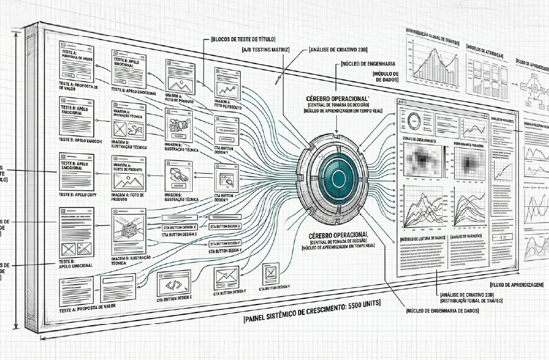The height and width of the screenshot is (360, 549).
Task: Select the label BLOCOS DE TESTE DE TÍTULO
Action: point(243,39)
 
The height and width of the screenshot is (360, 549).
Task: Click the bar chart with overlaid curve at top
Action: point(432,60)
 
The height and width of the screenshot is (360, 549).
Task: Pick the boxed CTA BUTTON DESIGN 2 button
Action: point(225,227)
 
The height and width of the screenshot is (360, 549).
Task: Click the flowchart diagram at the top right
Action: point(532,86)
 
